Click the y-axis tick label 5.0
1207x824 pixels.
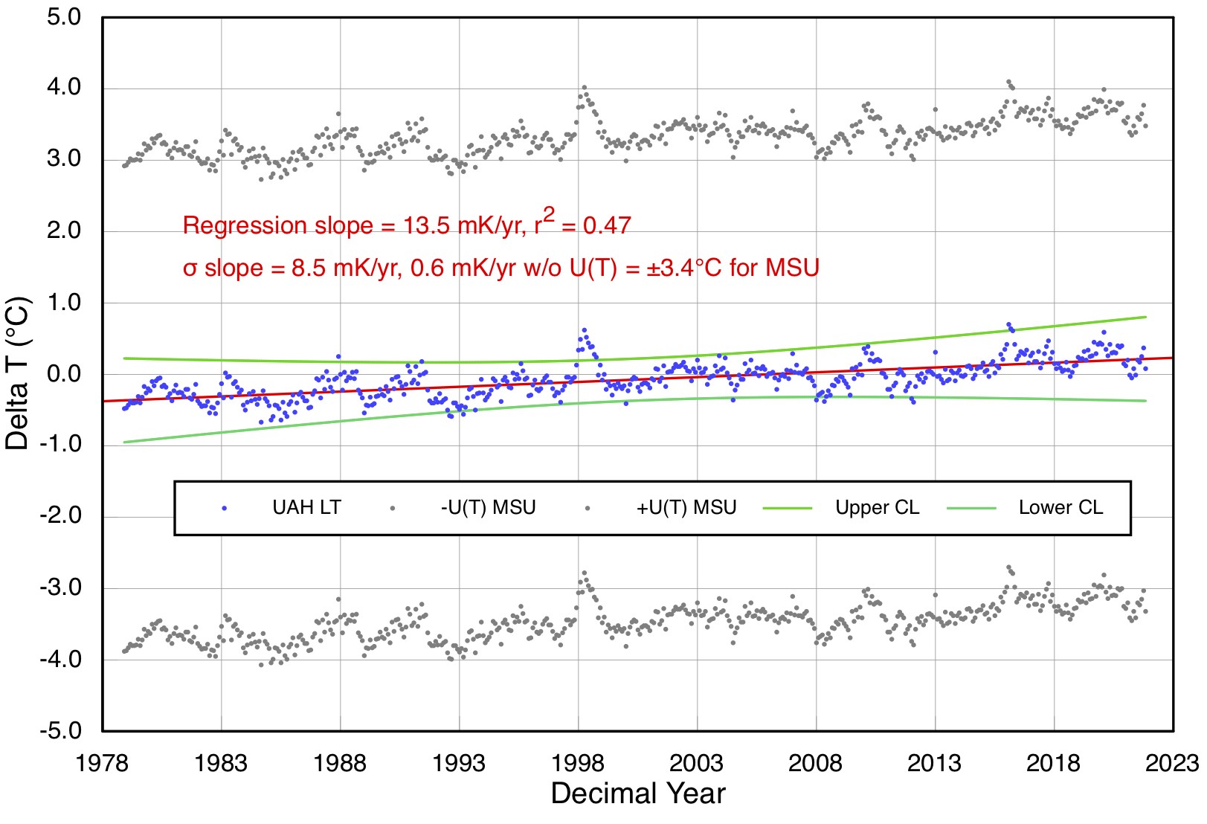(x=64, y=17)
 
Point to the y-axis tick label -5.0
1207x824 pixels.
(x=61, y=731)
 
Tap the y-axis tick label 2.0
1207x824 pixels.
(x=64, y=231)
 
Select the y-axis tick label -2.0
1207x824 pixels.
(x=61, y=517)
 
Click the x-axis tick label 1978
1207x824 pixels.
(x=102, y=763)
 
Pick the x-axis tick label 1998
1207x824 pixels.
(x=578, y=763)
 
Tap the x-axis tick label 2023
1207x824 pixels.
(x=1172, y=763)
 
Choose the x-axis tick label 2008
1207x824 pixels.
(x=816, y=763)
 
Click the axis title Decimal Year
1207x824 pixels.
(x=637, y=794)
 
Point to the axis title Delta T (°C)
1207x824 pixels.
(x=18, y=373)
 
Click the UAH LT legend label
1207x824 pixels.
(x=306, y=508)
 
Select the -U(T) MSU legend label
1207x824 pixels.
(x=488, y=508)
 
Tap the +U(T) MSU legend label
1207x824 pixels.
(x=686, y=508)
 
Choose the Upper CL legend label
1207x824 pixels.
(x=878, y=508)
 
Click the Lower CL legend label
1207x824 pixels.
(x=1060, y=508)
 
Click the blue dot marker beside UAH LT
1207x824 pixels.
(x=224, y=509)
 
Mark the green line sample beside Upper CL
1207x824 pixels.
(x=788, y=509)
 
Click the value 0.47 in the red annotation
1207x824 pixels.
(x=607, y=225)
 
